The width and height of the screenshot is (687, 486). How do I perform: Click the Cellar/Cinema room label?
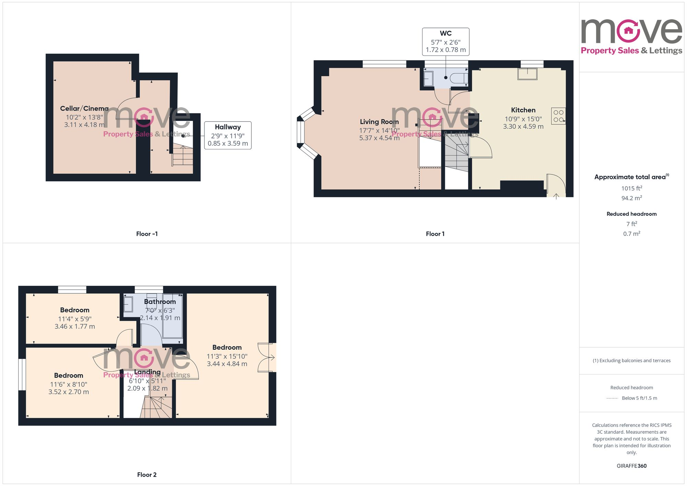84,109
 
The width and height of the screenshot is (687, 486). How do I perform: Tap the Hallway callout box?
228,135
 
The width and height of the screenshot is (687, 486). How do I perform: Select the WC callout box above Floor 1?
446,42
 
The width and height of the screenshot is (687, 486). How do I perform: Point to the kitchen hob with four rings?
558,116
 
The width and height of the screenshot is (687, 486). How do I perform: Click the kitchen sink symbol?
527,74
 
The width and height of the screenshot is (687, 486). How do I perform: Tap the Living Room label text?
379,122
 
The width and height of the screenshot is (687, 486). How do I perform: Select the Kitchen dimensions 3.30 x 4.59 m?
523,126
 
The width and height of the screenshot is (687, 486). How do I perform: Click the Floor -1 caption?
147,234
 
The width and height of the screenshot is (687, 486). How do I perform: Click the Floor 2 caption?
147,475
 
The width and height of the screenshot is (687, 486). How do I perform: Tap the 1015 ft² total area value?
631,188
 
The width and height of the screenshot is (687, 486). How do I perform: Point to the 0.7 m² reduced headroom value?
631,234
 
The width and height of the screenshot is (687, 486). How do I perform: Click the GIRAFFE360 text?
631,466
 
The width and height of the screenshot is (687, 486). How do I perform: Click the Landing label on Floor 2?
147,372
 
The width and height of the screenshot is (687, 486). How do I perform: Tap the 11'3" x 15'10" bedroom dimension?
227,357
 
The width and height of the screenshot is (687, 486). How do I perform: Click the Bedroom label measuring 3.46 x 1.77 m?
75,310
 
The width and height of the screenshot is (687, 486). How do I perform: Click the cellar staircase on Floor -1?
182,156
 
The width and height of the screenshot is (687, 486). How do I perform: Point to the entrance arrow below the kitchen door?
556,196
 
